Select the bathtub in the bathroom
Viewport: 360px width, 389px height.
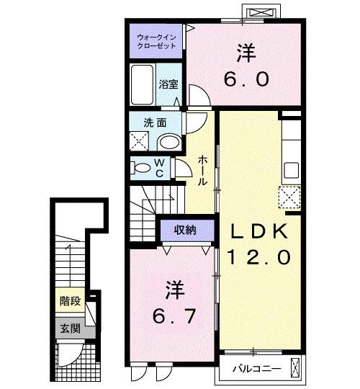point(141,85)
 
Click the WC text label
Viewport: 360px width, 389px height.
point(160,169)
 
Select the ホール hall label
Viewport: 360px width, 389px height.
point(204,169)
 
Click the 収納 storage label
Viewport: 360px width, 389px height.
point(186,231)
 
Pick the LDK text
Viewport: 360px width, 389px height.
point(260,231)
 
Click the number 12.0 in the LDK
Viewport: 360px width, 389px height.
point(259,257)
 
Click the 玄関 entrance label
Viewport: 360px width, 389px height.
point(69,330)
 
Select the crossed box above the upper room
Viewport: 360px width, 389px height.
point(261,13)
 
